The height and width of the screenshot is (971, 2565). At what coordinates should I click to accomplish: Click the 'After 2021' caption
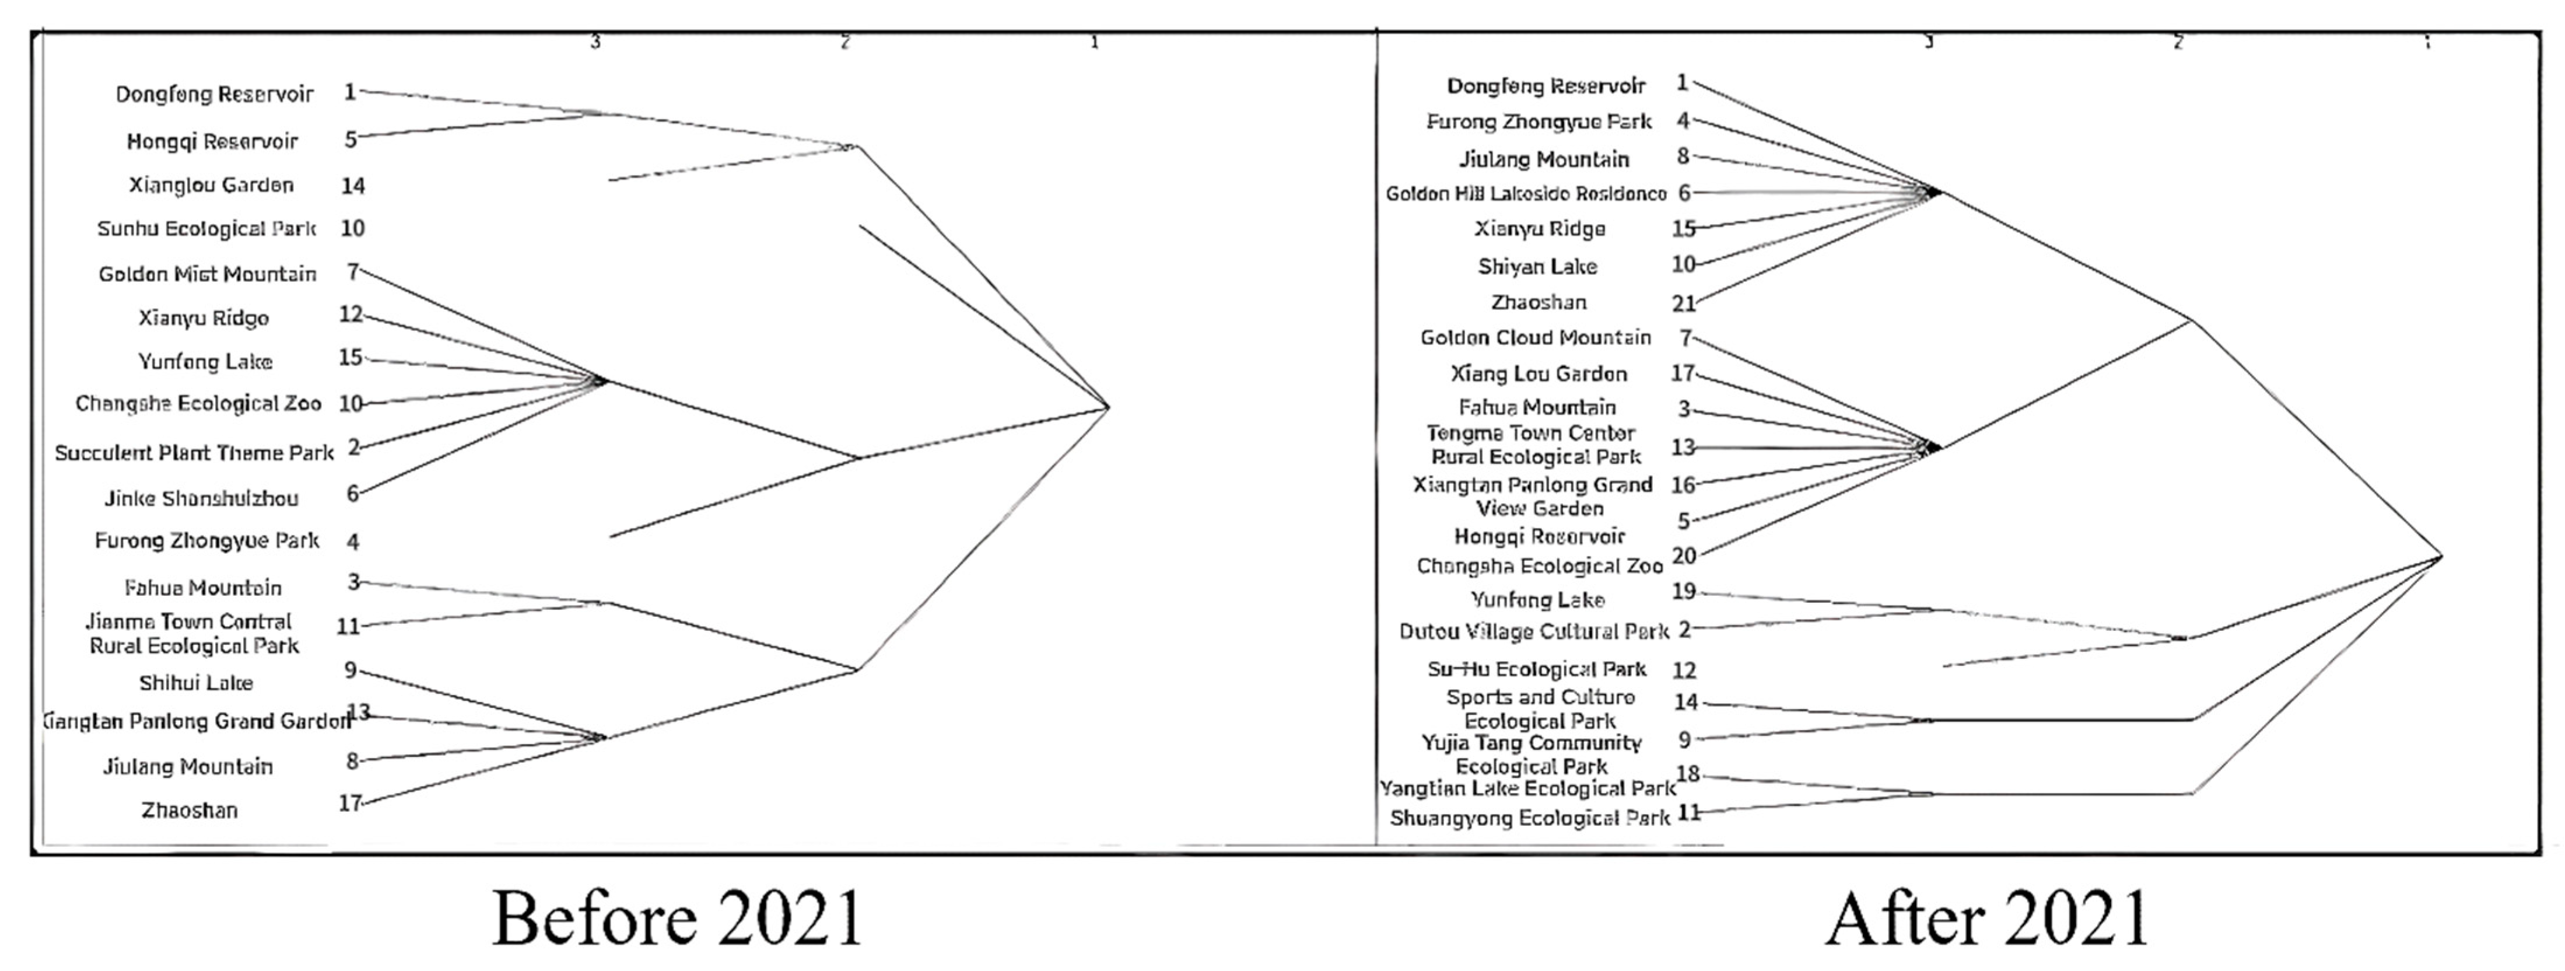(1986, 918)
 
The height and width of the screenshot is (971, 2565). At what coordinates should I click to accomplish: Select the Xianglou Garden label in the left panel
(211, 185)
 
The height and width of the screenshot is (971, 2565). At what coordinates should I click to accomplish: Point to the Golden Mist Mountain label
(207, 274)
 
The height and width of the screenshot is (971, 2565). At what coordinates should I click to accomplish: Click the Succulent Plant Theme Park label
(194, 453)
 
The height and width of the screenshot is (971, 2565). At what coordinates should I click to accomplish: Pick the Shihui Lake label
(196, 683)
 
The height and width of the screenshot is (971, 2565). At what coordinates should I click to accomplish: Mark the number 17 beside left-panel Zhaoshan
(349, 803)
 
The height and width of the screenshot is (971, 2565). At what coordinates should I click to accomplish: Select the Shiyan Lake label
(1537, 267)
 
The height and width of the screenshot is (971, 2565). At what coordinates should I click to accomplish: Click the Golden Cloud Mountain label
(1536, 338)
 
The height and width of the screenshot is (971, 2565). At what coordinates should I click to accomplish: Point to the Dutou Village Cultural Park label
(1533, 631)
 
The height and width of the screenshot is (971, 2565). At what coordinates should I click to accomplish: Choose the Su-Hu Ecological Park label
(1536, 669)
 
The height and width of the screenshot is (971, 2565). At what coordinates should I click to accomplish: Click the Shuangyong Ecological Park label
(1529, 819)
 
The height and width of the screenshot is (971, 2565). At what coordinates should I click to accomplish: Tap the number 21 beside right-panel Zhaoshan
(1684, 303)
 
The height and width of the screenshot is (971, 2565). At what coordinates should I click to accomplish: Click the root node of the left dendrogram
(1108, 406)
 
